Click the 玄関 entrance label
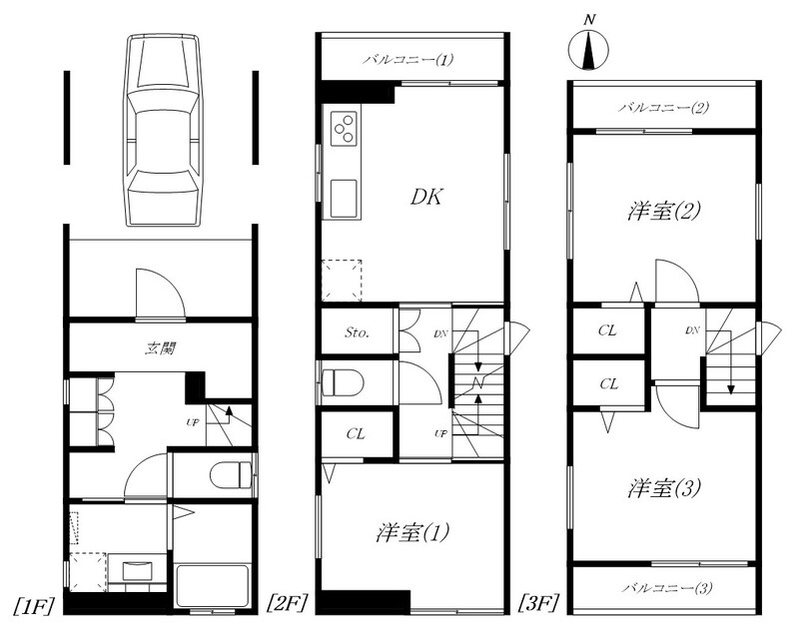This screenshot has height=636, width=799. coord(161,348)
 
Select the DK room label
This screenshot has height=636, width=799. coord(426,197)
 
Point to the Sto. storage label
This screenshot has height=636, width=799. coord(357,332)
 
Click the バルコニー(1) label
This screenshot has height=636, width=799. coord(407,60)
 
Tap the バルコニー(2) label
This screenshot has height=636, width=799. coord(663,108)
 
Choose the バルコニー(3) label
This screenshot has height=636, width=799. coord(667,588)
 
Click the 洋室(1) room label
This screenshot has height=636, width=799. coord(412,533)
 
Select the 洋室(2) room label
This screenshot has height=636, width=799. coord(664,211)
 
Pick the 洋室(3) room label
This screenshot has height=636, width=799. coord(664,488)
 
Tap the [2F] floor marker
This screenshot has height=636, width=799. coord(288,604)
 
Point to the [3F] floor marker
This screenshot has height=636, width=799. coord(538,604)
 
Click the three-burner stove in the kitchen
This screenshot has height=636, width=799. coord(344,129)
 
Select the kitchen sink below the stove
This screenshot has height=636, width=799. coord(344,198)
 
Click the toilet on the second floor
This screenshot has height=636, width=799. coord(343,382)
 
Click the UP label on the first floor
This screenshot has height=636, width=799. coord(192,421)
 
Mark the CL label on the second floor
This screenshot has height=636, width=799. coord(356,434)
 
